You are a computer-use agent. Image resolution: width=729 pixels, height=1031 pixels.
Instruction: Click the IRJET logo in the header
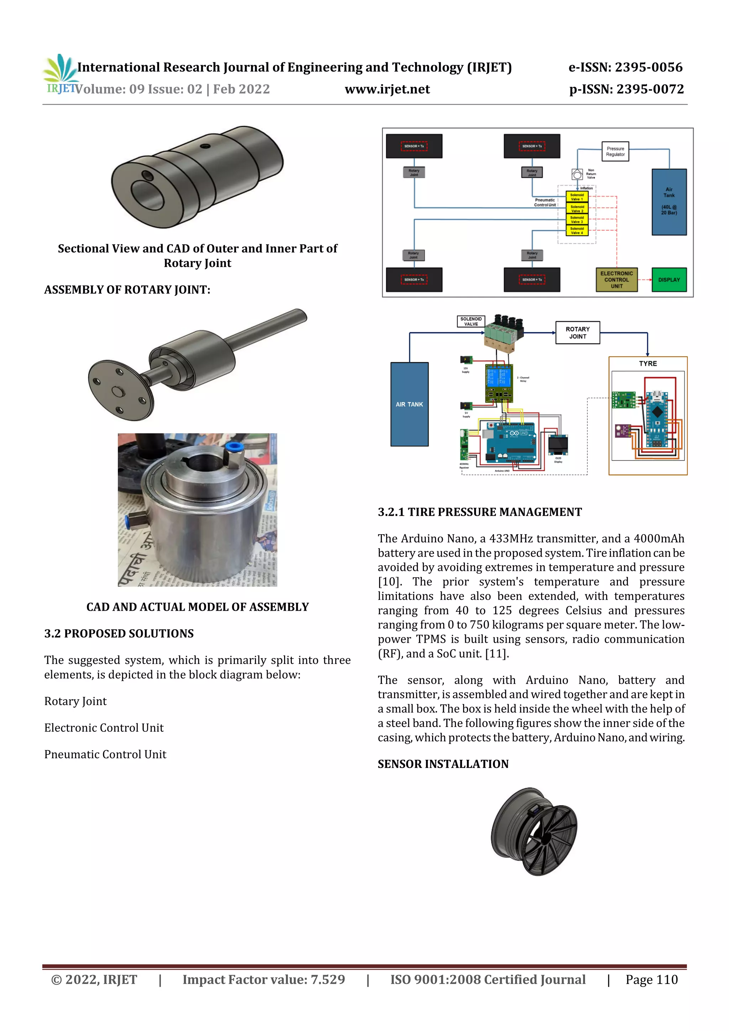point(60,74)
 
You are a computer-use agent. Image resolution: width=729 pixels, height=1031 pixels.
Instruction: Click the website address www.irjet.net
point(387,89)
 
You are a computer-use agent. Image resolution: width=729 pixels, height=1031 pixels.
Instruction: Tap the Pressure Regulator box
point(615,151)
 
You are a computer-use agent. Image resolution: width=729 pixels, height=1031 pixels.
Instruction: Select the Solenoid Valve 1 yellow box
point(577,197)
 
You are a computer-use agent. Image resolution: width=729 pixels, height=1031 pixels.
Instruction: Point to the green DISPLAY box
point(669,280)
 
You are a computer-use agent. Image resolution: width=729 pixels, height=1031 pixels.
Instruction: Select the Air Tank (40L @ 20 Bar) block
point(669,202)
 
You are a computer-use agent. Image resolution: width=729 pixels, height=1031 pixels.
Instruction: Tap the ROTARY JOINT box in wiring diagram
point(578,333)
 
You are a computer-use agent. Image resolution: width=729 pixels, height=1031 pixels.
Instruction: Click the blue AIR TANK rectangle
point(409,404)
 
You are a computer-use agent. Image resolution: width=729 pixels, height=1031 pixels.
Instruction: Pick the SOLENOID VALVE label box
point(471,321)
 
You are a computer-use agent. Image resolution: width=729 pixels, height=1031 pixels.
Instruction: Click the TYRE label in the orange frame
point(648,364)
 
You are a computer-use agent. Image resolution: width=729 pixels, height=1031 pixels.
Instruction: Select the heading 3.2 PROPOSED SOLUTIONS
point(119,633)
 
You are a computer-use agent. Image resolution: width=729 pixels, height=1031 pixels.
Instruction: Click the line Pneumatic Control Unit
point(105,754)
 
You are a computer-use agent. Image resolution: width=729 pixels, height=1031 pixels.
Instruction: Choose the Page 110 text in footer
point(651,980)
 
